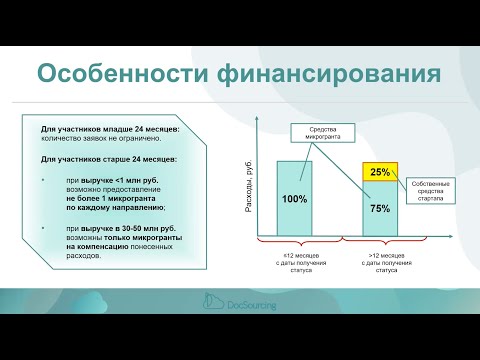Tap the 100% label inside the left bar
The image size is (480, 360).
pyautogui.click(x=294, y=199)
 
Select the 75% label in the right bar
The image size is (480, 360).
pyautogui.click(x=380, y=209)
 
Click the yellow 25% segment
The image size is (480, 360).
pyautogui.click(x=380, y=172)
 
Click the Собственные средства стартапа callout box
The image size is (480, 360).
pyautogui.click(x=432, y=190)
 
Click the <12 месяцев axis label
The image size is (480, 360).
pyautogui.click(x=295, y=263)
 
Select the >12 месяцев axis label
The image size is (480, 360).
pyautogui.click(x=380, y=263)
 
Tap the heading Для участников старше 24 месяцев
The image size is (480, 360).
pyautogui.click(x=109, y=159)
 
